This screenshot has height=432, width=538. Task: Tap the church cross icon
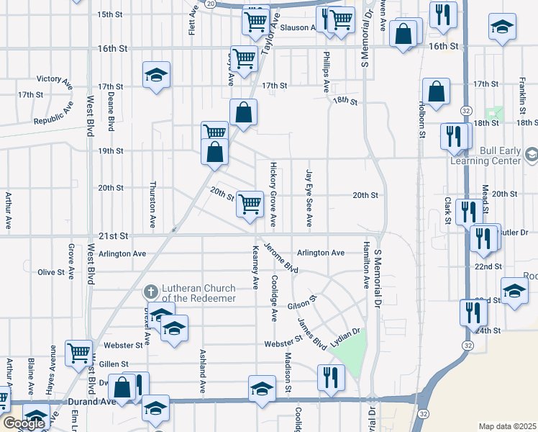point(150,292)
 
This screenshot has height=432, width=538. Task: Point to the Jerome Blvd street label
point(281,257)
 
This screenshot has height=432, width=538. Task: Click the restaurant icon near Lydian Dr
point(331,376)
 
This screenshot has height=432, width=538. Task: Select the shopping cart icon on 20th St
point(250,204)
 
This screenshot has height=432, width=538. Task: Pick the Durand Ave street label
point(91,402)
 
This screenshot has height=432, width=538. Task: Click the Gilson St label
point(303,302)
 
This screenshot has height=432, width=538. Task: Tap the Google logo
point(24,423)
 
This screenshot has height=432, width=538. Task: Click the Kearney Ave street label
point(255,267)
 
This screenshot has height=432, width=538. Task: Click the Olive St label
point(51,272)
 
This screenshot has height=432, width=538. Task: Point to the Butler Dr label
point(514,233)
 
